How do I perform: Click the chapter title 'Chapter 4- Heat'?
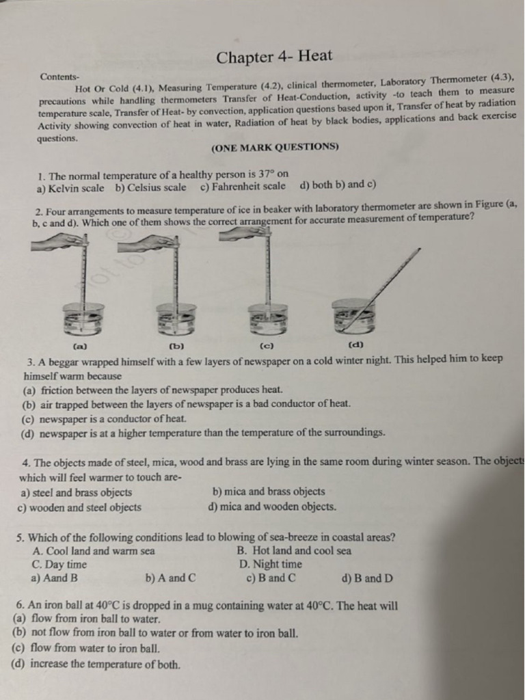pyautogui.click(x=274, y=57)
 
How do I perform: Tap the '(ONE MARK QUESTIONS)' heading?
pyautogui.click(x=275, y=148)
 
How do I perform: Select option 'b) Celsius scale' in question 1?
pyautogui.click(x=151, y=187)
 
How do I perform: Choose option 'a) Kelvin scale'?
pyautogui.click(x=70, y=189)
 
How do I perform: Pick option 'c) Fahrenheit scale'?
pyautogui.click(x=243, y=186)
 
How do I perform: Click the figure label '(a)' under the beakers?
pyautogui.click(x=81, y=346)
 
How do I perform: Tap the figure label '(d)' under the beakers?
pyautogui.click(x=355, y=345)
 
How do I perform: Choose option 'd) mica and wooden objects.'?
pyautogui.click(x=272, y=507)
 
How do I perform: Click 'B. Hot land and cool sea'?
pyautogui.click(x=294, y=550)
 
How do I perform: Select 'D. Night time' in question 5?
pyautogui.click(x=271, y=564)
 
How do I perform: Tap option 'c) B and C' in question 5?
pyautogui.click(x=271, y=578)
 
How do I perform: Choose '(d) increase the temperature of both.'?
pyautogui.click(x=96, y=664)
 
